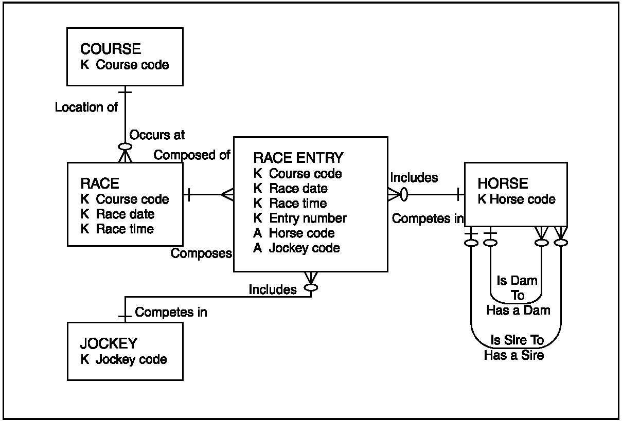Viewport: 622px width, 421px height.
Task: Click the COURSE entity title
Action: coord(111,49)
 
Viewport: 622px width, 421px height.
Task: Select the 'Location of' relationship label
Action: coord(86,107)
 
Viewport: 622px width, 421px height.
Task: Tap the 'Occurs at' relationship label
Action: coord(157,135)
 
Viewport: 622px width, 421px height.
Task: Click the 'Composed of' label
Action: coord(192,155)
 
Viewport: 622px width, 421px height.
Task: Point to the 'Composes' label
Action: coord(201,253)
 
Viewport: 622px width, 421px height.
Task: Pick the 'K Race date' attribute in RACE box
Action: coord(117,214)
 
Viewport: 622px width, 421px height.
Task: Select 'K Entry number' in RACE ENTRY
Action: coord(300,218)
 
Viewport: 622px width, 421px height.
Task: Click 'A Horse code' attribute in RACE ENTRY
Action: coord(294,233)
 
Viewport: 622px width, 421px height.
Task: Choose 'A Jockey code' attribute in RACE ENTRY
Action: coord(296,248)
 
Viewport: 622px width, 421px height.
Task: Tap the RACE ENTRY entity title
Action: coord(298,158)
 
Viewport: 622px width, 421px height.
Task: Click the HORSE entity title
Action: coord(503,184)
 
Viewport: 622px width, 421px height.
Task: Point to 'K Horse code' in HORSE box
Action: coord(517,199)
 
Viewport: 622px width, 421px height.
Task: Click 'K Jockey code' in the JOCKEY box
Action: coord(123,359)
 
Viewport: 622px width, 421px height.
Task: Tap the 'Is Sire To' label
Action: coord(517,341)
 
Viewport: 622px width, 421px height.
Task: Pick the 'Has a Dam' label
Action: coord(518,310)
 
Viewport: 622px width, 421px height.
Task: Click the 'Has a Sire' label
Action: coord(514,355)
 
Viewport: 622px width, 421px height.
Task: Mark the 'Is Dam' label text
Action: coord(517,281)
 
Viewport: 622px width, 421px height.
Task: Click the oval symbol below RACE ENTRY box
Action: coord(311,287)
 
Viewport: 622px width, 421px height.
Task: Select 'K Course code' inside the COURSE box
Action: coord(125,65)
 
